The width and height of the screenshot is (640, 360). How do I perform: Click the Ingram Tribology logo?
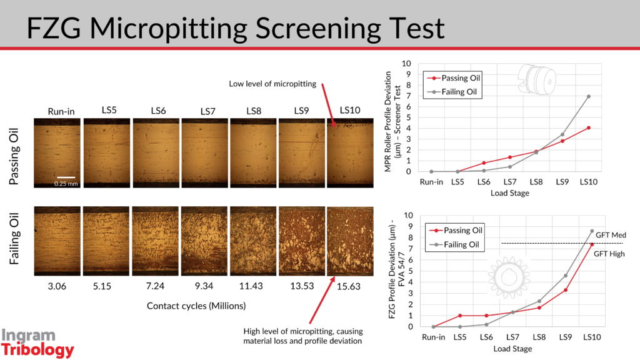pos(37,343)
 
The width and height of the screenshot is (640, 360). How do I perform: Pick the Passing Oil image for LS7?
pos(204,152)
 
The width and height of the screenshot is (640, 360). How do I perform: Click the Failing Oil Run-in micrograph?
pos(57,241)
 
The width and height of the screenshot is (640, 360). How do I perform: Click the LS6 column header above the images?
pos(158,111)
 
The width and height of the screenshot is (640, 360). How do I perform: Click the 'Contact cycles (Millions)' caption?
pos(196,306)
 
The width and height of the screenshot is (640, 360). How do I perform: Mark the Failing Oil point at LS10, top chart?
pos(589,96)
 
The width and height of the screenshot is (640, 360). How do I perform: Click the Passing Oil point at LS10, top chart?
pos(589,127)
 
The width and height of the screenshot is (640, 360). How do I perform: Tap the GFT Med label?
pos(611,234)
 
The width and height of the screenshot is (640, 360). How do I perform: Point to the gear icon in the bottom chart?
pos(508,276)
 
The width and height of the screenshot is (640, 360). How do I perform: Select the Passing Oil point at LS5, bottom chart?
pos(459,316)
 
